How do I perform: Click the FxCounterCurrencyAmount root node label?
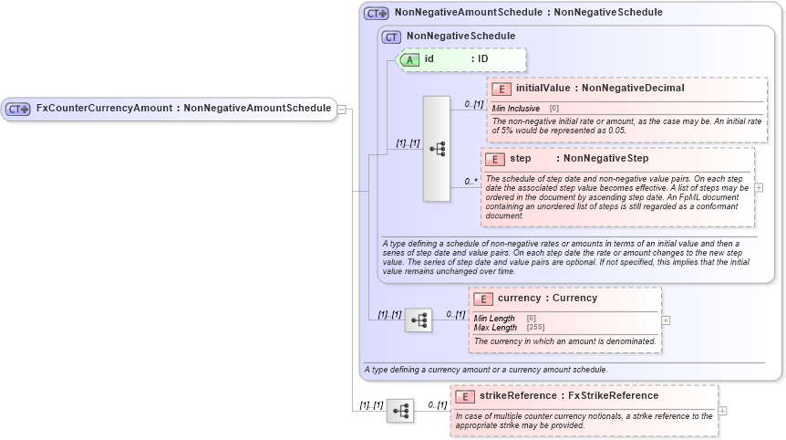[182, 109]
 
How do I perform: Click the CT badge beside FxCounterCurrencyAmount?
[18, 109]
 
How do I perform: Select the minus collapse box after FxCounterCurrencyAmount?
[342, 109]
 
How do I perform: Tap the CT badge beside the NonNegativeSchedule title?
[392, 37]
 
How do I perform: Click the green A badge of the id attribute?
[411, 59]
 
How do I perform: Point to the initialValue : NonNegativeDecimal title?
[600, 89]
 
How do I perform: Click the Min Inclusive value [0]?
[553, 109]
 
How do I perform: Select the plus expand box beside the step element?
[760, 187]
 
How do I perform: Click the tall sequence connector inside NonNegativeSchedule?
[437, 148]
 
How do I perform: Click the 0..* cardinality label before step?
[471, 182]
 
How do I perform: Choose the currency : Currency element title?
[547, 299]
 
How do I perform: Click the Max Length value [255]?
[537, 327]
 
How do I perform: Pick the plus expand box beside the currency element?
[666, 320]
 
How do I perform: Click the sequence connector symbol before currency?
[419, 320]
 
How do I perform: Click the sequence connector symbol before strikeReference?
[399, 411]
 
